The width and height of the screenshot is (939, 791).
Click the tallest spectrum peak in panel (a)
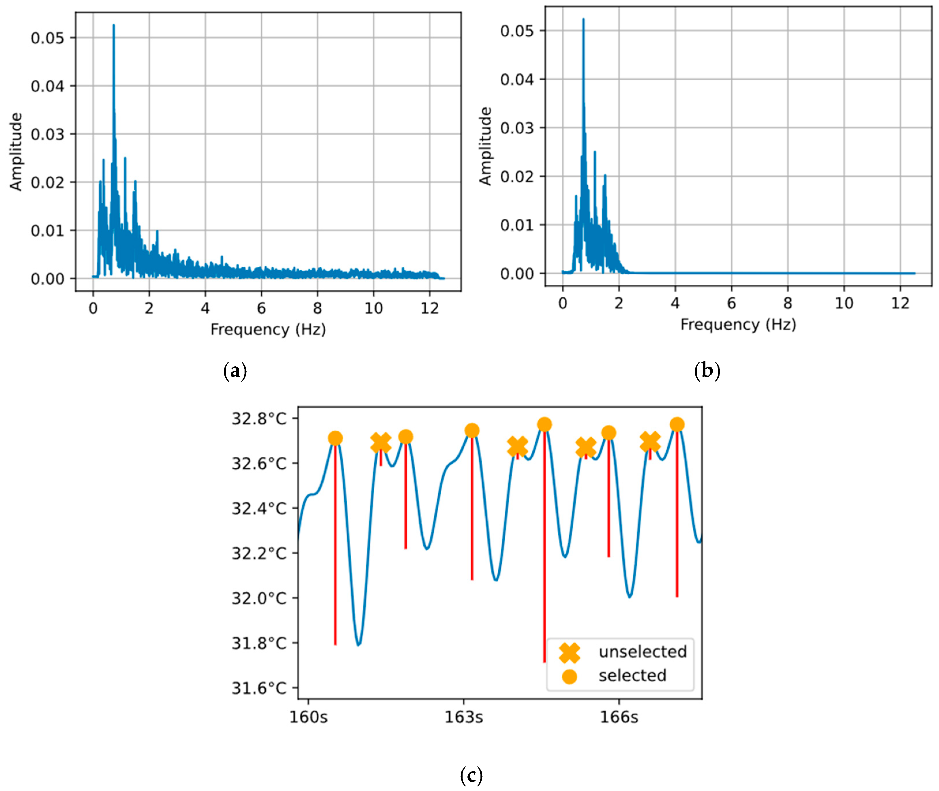click(114, 26)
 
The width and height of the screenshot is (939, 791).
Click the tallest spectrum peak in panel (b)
click(583, 20)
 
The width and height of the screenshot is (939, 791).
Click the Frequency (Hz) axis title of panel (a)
click(268, 330)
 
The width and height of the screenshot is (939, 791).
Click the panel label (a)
click(235, 371)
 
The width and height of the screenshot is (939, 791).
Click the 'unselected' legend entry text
click(643, 652)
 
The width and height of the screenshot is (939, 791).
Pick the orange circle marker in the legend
click(569, 676)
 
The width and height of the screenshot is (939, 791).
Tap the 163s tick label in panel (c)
click(464, 717)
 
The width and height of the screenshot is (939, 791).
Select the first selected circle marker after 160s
click(335, 438)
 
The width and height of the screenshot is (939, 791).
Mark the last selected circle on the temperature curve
click(677, 424)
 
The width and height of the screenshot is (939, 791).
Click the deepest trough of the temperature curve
click(358, 644)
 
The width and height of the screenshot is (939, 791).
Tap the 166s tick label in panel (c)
click(619, 717)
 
